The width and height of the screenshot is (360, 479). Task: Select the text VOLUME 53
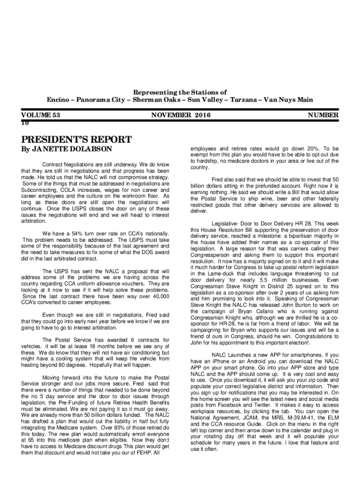pyautogui.click(x=42, y=115)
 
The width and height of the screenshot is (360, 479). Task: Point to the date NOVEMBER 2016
pyautogui.click(x=181, y=115)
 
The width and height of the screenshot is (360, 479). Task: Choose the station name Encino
pyautogui.click(x=58, y=100)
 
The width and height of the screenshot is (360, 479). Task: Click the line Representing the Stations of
pyautogui.click(x=180, y=92)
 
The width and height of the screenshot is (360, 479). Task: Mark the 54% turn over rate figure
pyautogui.click(x=81, y=233)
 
